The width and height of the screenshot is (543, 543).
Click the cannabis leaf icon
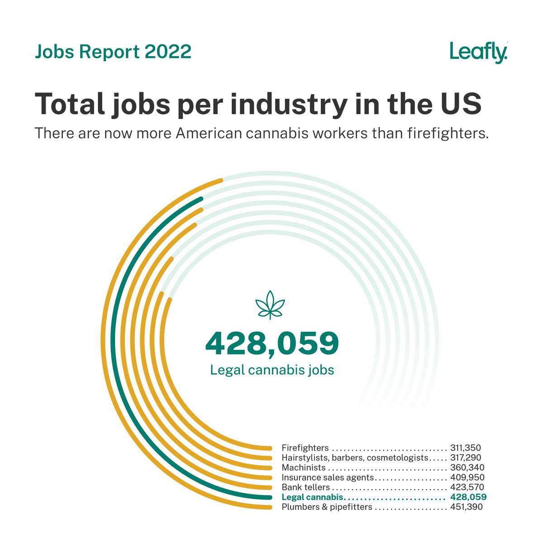(x=270, y=305)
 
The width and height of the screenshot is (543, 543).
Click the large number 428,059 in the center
(x=272, y=343)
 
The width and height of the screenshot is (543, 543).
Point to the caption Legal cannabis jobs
(x=272, y=370)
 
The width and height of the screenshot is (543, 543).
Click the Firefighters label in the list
(x=305, y=448)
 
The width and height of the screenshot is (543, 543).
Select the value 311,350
(x=466, y=448)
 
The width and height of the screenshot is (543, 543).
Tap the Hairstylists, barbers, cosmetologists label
(x=354, y=458)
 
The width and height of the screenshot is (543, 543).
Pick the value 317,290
(x=466, y=458)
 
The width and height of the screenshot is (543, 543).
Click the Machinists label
(x=303, y=467)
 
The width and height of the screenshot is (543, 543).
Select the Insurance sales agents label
(x=328, y=477)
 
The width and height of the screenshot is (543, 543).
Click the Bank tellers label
(x=305, y=487)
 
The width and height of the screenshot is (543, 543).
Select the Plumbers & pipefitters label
(x=327, y=507)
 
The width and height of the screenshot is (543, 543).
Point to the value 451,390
(x=466, y=507)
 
